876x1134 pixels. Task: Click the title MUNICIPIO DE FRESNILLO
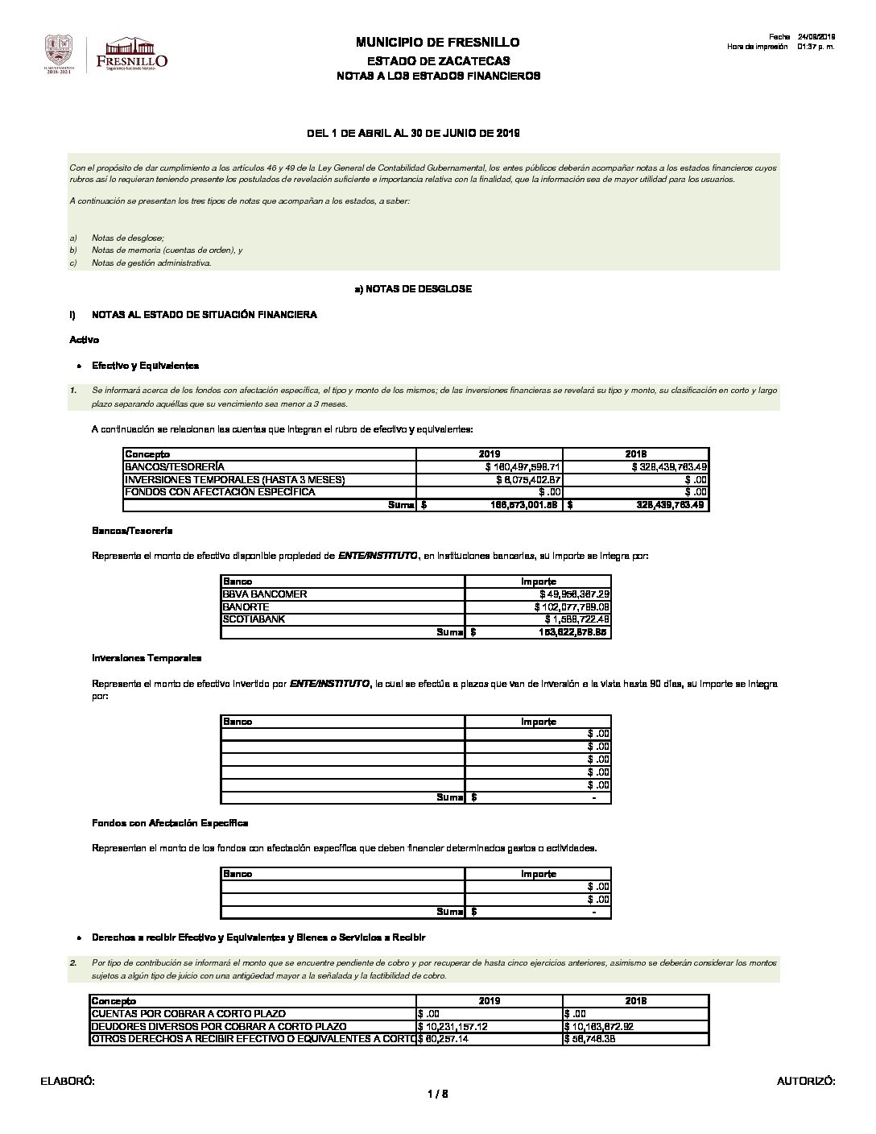click(437, 43)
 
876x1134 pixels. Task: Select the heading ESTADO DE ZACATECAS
click(438, 61)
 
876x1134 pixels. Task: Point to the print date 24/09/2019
click(816, 37)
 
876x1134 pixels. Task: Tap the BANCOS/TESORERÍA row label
click(175, 467)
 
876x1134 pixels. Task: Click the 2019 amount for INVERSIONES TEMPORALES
click(523, 480)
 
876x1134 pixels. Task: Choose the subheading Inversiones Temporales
click(147, 658)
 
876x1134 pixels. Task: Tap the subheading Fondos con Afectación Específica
click(170, 823)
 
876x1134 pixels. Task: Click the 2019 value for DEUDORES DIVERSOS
click(453, 1027)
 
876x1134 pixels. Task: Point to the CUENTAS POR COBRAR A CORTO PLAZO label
click(189, 1014)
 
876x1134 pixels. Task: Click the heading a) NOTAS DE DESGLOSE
click(413, 288)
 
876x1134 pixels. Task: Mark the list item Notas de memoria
click(167, 250)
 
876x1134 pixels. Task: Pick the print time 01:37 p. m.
click(816, 47)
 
